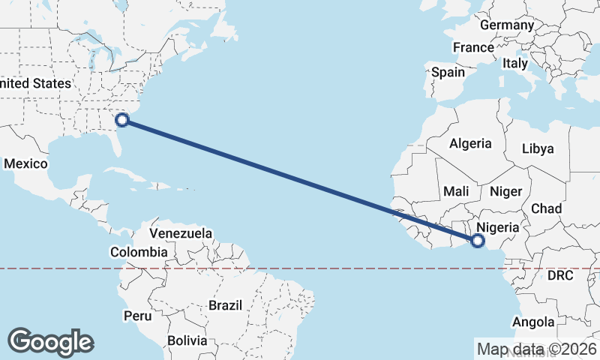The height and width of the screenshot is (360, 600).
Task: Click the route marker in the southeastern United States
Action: click(121, 118)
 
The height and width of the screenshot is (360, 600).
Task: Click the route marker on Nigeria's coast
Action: click(478, 240)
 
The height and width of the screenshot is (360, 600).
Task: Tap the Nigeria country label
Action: click(498, 226)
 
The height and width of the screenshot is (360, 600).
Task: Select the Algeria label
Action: click(470, 143)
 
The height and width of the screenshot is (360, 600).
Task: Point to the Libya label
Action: click(537, 148)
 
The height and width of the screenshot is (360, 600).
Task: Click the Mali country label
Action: click(456, 191)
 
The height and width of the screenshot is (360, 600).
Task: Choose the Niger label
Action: click(505, 191)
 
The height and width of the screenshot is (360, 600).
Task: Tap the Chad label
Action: click(546, 208)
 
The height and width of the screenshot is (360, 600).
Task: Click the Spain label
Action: click(448, 73)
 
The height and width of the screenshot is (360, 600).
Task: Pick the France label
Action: click(473, 47)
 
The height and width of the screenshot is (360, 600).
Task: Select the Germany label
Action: click(506, 25)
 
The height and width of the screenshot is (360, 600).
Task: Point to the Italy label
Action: click(515, 64)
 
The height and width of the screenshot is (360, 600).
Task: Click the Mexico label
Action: click(25, 163)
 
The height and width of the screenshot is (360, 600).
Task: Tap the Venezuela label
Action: click(181, 233)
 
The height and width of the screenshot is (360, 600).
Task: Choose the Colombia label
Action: click(138, 252)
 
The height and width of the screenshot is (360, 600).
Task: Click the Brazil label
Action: click(225, 305)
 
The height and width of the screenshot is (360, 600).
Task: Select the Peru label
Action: click(138, 316)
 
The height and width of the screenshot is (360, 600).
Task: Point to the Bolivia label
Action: click(187, 340)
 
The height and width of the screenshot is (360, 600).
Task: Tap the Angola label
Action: click(533, 322)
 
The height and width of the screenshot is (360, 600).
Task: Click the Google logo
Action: click(50, 342)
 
